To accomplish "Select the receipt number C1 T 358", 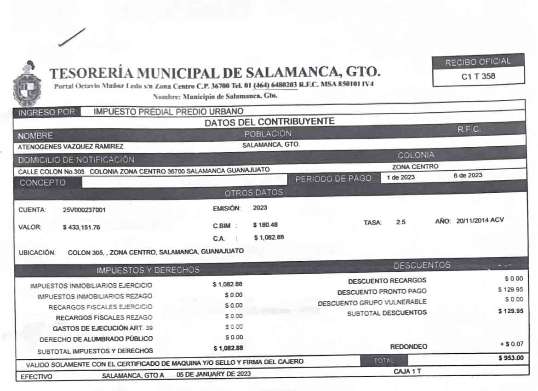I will pyautogui.click(x=478, y=77).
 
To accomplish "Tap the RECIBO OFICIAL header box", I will pyautogui.click(x=478, y=62).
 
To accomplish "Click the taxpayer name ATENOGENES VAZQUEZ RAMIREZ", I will pyautogui.click(x=70, y=147).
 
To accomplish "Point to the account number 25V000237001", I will pyautogui.click(x=84, y=210).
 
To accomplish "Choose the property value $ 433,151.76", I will pyautogui.click(x=81, y=227).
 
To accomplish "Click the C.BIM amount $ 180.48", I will pyautogui.click(x=265, y=225).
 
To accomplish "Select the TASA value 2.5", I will pyautogui.click(x=401, y=222).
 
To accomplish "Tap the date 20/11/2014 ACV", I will pyautogui.click(x=480, y=220).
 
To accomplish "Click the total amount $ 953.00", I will pyautogui.click(x=510, y=358).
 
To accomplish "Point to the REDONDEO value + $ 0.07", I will pyautogui.click(x=511, y=344).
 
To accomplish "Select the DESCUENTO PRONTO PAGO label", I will pyautogui.click(x=382, y=292).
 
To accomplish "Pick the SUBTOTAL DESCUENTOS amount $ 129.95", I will pyautogui.click(x=510, y=311).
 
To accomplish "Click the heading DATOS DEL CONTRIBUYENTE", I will pyautogui.click(x=269, y=122).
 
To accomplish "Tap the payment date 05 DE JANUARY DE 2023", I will pyautogui.click(x=214, y=374).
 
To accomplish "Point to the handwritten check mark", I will pyautogui.click(x=72, y=37).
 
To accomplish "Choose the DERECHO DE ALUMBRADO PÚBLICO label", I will pyautogui.click(x=96, y=339).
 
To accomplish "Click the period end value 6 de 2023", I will pyautogui.click(x=468, y=175).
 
